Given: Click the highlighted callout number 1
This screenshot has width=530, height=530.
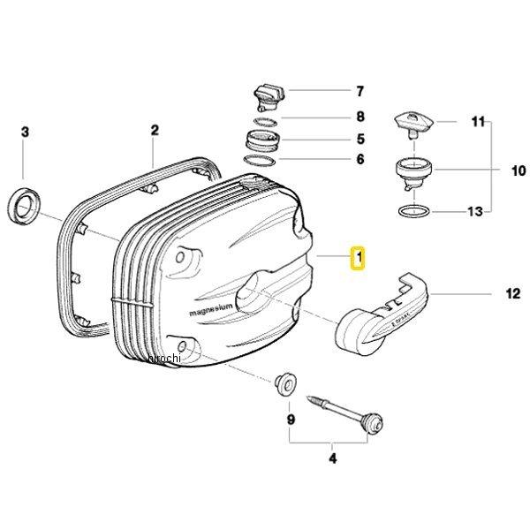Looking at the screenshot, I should point(358,258).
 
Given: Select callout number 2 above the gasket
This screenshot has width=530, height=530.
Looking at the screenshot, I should point(155,131).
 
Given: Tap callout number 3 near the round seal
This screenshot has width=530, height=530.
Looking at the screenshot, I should point(25,132).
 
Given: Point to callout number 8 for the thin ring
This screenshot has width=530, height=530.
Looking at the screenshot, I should point(360,117).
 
